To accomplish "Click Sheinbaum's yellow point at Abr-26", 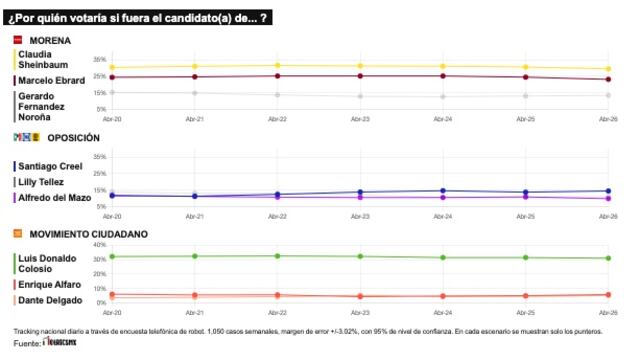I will pos(609,69).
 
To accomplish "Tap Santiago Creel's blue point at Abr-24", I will pos(443,190).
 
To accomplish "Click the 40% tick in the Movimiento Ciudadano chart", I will pos(98,245).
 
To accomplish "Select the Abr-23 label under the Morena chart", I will pos(360,118).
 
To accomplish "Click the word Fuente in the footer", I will pos(26,344).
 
